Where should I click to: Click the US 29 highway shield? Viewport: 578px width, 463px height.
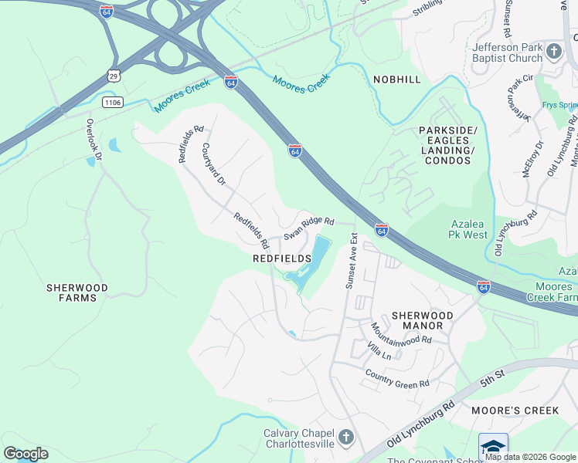click(114, 76)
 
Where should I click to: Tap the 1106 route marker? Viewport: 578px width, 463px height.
click(113, 101)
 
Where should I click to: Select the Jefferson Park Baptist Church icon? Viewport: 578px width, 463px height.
click(553, 52)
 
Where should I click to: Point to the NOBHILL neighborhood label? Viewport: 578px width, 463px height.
click(397, 79)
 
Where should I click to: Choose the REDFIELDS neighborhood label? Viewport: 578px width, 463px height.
click(282, 259)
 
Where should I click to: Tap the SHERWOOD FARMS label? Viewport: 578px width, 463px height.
click(76, 292)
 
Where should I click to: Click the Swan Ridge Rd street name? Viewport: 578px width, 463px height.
click(308, 227)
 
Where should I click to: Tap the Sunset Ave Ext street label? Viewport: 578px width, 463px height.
click(352, 261)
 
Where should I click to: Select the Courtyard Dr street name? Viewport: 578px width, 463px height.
click(212, 164)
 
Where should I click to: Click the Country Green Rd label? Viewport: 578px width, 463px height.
click(397, 379)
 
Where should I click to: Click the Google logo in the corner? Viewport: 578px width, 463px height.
click(25, 454)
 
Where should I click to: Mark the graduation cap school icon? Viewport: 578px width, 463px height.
click(493, 446)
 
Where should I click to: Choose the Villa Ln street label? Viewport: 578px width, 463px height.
click(379, 353)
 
